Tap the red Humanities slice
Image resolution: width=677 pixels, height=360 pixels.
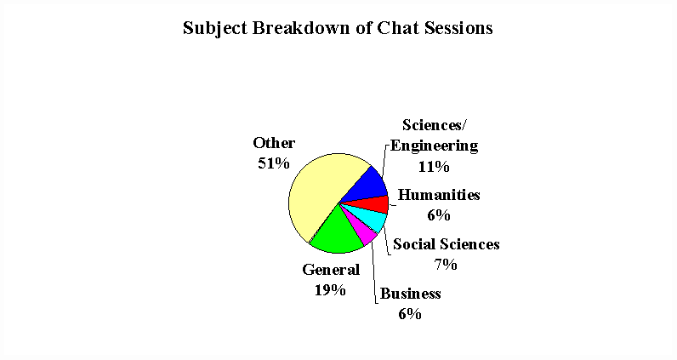coord(372,205)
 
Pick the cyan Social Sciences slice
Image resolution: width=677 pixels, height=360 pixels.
coord(368,219)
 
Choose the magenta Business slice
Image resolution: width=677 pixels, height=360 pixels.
coord(362,232)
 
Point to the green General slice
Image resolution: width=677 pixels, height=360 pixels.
coord(338,233)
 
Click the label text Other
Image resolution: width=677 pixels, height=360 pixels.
coord(274,143)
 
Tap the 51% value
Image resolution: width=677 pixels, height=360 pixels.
coord(274,163)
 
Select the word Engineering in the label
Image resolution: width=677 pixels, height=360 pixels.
coord(435,146)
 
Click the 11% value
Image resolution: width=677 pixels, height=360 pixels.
coord(434,167)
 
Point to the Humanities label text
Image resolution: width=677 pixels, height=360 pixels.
coord(439,195)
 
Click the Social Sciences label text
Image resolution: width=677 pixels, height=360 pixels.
coord(447,244)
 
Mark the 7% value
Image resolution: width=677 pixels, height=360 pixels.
coord(446,265)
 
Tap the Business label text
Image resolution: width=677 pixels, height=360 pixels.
coord(410,294)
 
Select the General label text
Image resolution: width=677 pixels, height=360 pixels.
coord(331,270)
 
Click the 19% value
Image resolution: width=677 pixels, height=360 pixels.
coord(330,290)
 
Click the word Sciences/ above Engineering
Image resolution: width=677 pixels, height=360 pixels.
coord(435,125)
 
